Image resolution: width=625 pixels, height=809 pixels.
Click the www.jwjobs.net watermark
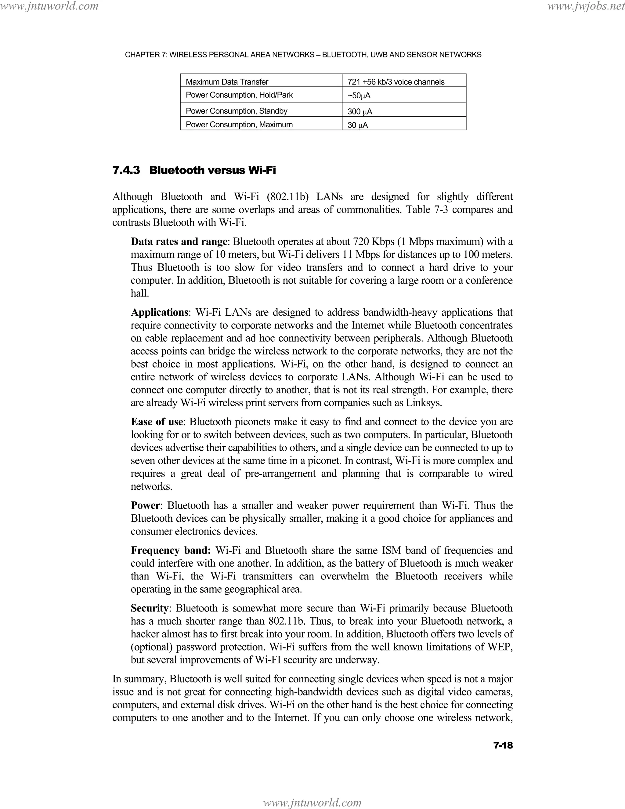click(585, 6)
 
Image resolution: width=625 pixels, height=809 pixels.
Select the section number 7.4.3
click(126, 170)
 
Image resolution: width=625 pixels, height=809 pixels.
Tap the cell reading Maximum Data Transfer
click(227, 82)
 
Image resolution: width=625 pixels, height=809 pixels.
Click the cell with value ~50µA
click(359, 96)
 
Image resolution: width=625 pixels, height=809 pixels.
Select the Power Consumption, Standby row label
click(237, 111)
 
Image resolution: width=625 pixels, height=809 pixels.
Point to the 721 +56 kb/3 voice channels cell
click(396, 82)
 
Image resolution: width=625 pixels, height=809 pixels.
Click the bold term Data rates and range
click(179, 241)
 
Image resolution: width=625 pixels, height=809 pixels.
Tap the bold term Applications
click(160, 312)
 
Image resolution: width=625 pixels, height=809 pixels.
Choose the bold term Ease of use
click(157, 422)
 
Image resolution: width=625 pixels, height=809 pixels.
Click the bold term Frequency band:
click(171, 550)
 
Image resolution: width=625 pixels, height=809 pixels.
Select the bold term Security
click(150, 608)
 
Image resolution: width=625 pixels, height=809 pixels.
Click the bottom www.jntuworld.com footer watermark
click(312, 802)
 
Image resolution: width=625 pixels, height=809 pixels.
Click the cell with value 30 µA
click(358, 125)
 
